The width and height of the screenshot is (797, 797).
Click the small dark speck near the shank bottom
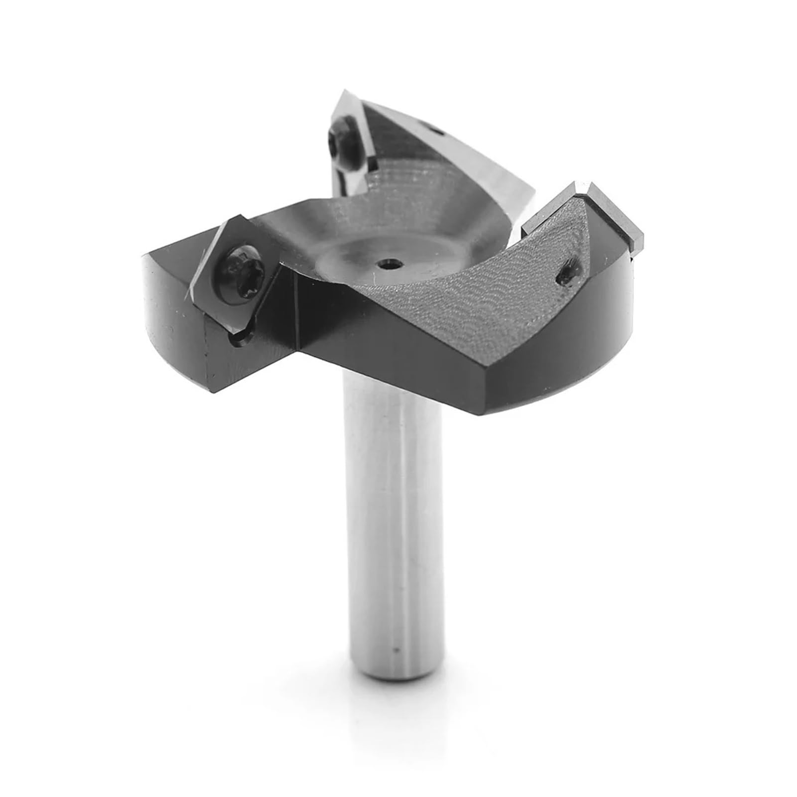[395, 650]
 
